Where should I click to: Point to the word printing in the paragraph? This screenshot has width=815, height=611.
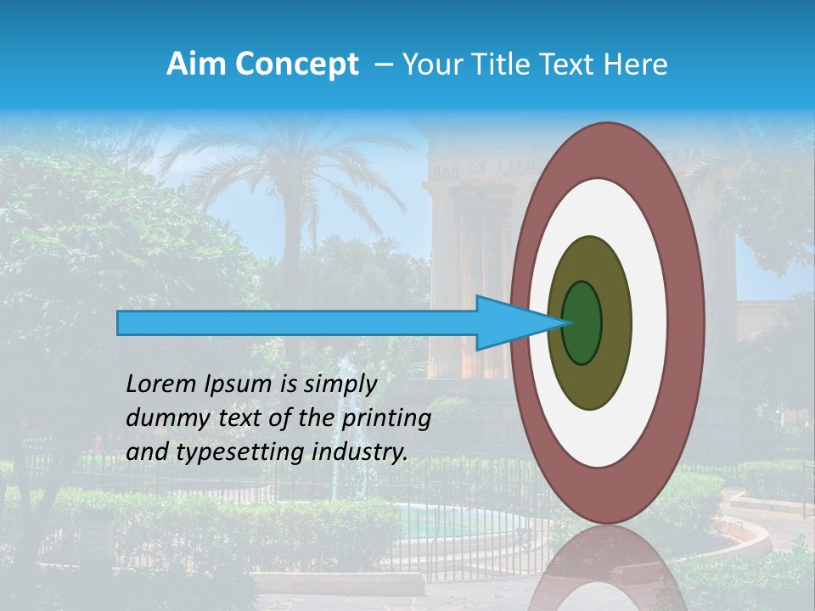[x=391, y=419]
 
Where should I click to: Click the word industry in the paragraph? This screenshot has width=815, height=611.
[x=359, y=452]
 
